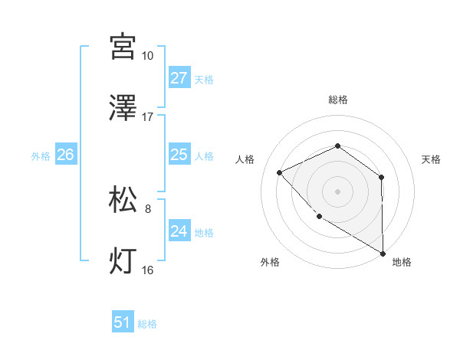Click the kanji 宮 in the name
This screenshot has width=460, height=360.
point(123,46)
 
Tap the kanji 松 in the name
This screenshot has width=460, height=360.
point(123,199)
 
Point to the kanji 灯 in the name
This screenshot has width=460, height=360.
point(123,261)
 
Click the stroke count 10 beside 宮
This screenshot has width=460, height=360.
point(147,56)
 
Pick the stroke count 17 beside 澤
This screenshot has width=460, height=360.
point(147,117)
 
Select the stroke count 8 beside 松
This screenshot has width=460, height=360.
point(147,208)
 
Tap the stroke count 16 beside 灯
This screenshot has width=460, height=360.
point(147,270)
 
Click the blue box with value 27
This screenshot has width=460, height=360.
point(179,78)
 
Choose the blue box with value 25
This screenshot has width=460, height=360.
point(179,155)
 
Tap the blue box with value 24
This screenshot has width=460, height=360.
point(179,231)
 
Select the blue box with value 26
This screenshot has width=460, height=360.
point(65,155)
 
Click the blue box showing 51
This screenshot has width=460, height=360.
point(123,323)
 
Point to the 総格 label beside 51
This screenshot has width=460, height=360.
point(147,324)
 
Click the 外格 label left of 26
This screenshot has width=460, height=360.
point(41,155)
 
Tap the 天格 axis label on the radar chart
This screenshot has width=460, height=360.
point(431,159)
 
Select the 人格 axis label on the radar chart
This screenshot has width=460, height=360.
point(245,159)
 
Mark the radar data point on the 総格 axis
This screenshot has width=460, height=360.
point(337,146)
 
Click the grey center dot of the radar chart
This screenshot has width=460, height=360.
point(337,191)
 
